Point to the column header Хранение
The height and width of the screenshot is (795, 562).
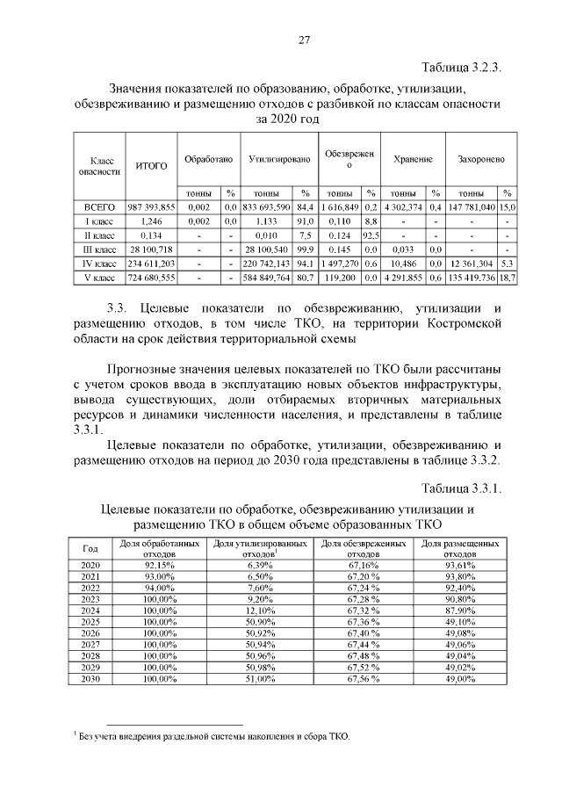tap(412, 160)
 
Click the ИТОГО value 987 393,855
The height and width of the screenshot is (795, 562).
tap(151, 207)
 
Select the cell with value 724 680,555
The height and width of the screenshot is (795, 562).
tap(151, 278)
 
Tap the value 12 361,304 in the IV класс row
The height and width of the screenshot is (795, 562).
tap(472, 264)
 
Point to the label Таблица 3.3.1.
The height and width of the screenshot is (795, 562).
tap(461, 489)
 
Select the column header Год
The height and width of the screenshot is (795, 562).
tap(89, 549)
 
